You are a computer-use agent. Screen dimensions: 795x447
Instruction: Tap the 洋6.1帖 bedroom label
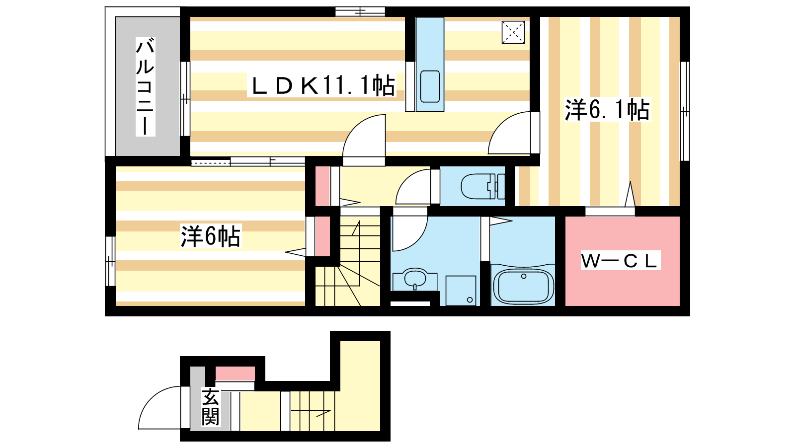(607, 110)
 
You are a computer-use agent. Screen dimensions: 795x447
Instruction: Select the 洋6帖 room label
(211, 235)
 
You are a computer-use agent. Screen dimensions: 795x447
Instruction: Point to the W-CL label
(620, 261)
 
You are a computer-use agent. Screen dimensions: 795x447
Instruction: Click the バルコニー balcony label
(145, 86)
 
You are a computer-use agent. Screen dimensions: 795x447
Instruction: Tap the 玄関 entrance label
(211, 407)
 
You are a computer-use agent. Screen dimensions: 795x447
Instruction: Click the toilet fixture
(482, 186)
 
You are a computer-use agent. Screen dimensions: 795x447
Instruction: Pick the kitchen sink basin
(430, 86)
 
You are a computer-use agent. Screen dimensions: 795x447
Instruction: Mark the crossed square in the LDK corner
(513, 32)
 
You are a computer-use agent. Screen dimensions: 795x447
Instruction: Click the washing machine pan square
(461, 290)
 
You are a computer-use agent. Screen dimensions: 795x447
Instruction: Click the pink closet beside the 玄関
(235, 373)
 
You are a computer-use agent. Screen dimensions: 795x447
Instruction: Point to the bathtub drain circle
(524, 276)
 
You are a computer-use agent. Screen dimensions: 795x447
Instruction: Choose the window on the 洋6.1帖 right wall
(685, 111)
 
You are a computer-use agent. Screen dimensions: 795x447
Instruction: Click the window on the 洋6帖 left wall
(110, 261)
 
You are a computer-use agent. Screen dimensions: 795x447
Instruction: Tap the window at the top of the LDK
(360, 12)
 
